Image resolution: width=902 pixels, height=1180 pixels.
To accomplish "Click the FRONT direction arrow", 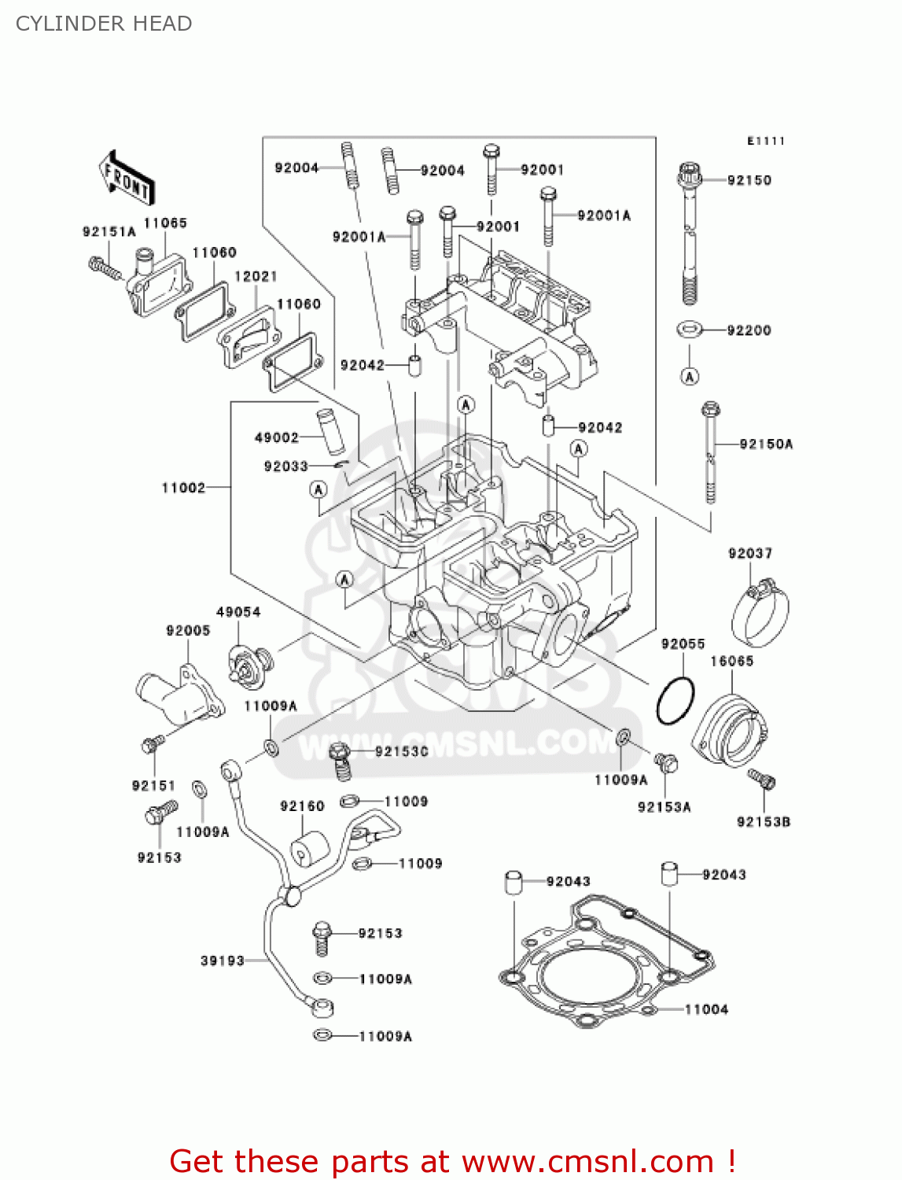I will coord(126,179).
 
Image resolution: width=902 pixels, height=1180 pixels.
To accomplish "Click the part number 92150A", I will coord(766,444).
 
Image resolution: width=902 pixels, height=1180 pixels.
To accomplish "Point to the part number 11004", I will coord(706,1009).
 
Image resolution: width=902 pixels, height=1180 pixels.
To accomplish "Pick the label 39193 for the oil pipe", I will coord(223,961).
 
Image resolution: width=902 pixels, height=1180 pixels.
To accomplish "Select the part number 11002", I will coord(183,488).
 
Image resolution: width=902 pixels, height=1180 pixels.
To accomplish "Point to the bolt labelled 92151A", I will coord(104,267).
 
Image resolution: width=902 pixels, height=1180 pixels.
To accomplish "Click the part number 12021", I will coord(256,276).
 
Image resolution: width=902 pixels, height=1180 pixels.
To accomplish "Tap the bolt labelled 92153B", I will coord(762,779).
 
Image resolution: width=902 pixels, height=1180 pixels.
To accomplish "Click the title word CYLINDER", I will coord(59,24).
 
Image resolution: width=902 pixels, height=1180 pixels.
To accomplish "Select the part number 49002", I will coord(277,437).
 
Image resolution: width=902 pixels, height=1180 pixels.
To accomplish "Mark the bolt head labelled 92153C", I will coord(340,752).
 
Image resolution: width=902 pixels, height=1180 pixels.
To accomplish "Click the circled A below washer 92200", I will coord(690,377).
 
